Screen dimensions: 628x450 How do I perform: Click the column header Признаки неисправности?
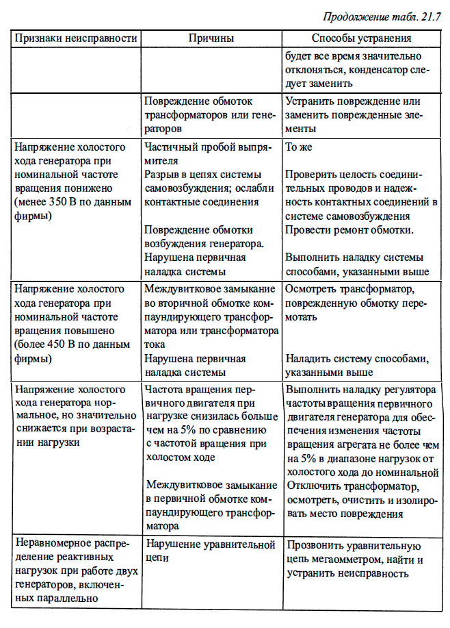point(74,38)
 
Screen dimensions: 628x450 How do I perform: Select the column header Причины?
point(211,38)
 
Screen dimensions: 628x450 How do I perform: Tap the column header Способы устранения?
point(361,38)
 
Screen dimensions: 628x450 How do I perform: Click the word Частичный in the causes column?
point(169,147)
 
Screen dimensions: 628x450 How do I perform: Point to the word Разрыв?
point(161,175)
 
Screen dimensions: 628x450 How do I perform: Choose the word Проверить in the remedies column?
point(309,175)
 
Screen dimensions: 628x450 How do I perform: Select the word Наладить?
point(308,359)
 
